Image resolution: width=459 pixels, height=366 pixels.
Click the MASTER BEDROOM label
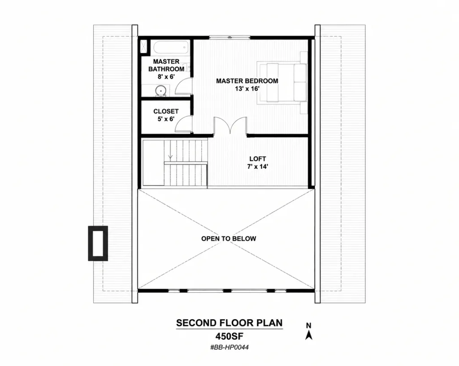pyautogui.click(x=247, y=81)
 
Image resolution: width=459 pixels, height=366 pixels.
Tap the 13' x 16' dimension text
pyautogui.click(x=247, y=88)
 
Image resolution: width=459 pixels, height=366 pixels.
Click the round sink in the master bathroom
pyautogui.click(x=161, y=91)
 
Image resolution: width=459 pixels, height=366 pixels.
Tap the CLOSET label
pyautogui.click(x=166, y=111)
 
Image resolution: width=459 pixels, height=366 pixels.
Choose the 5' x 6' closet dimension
pyautogui.click(x=166, y=119)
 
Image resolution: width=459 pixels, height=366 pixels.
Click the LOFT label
pyautogui.click(x=258, y=159)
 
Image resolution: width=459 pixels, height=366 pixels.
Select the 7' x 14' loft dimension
pyautogui.click(x=258, y=167)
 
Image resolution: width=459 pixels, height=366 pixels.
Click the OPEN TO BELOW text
pyautogui.click(x=229, y=239)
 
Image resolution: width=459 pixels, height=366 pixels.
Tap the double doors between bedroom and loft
pyautogui.click(x=230, y=126)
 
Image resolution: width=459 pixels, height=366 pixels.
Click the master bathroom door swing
pyautogui.click(x=184, y=86)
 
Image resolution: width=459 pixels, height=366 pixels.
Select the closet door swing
pyautogui.click(x=184, y=124)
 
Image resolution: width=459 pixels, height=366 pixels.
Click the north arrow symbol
pyautogui.click(x=309, y=335)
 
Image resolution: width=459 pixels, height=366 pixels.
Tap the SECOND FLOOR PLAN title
pyautogui.click(x=229, y=323)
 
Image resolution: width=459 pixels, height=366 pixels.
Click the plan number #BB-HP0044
pyautogui.click(x=229, y=348)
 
